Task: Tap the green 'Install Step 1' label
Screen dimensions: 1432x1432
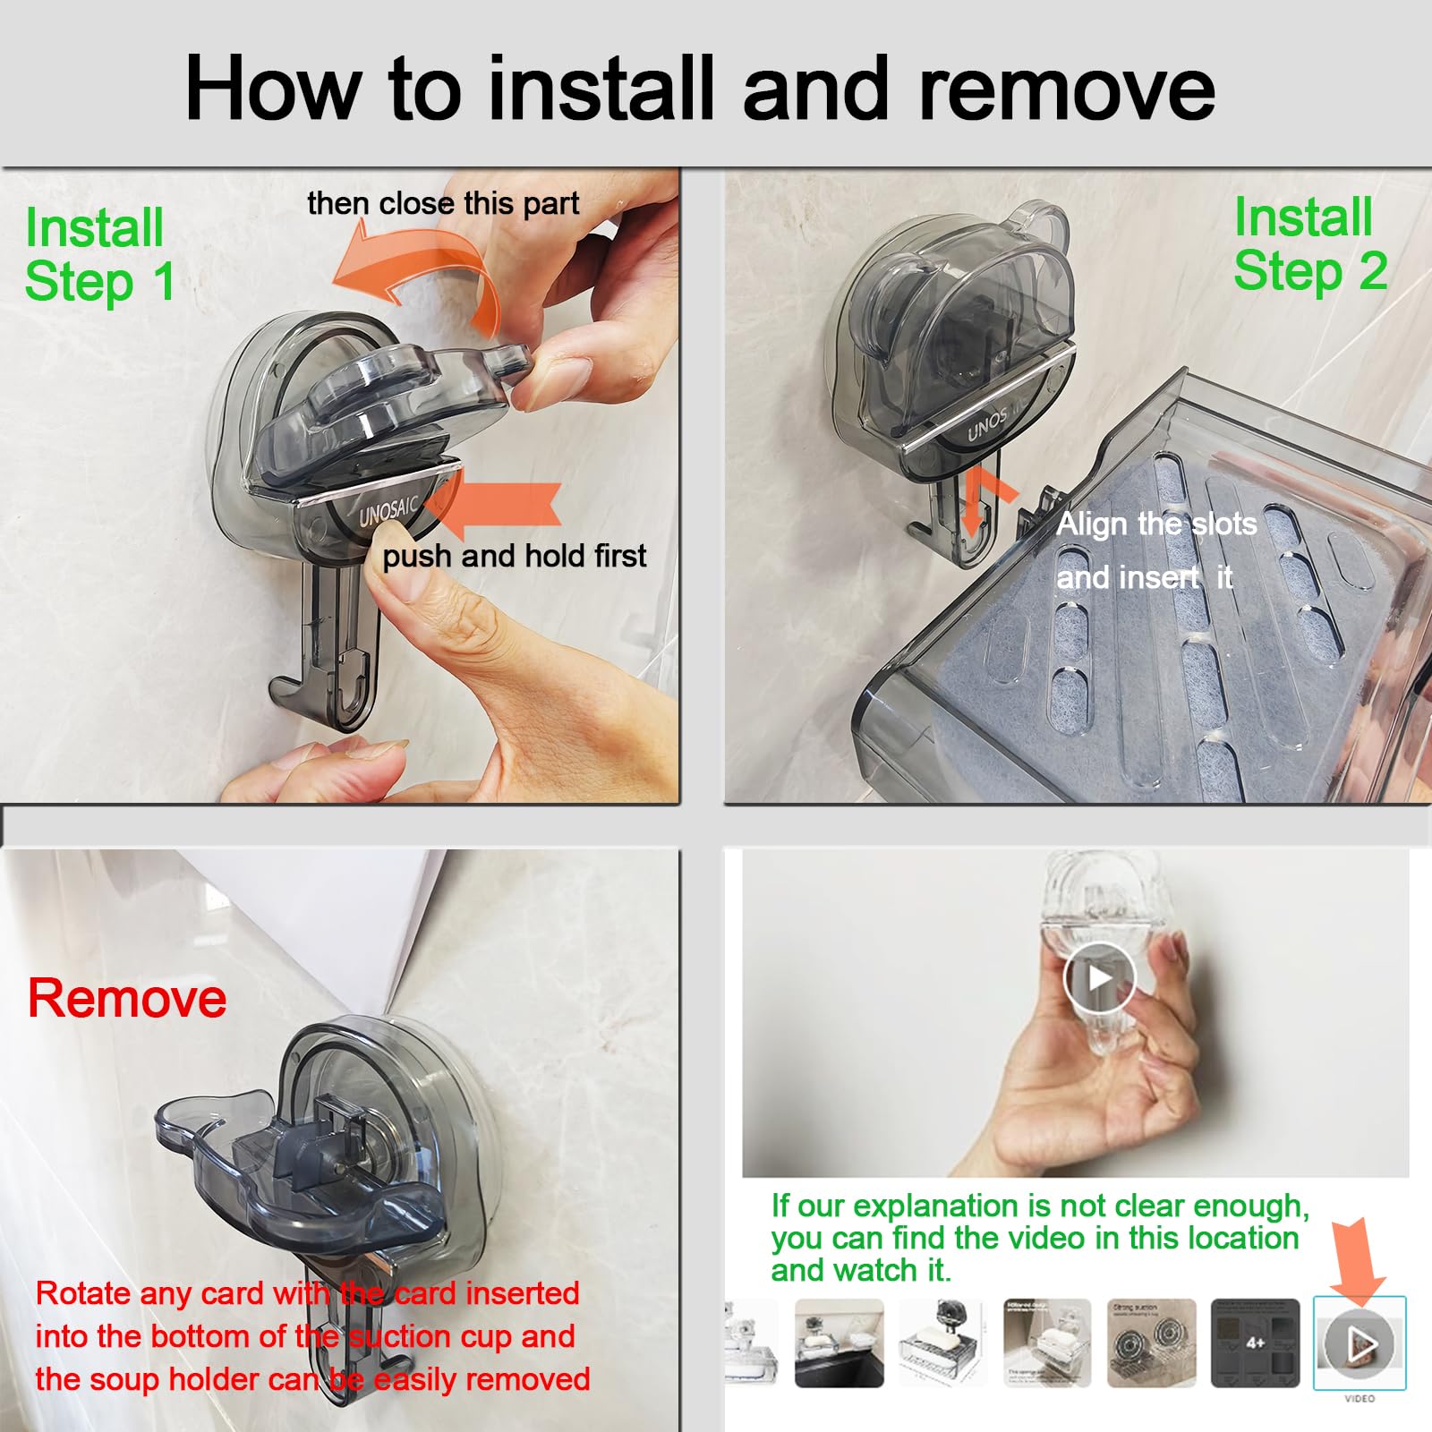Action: [98, 254]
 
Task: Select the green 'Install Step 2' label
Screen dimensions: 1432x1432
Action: [1308, 243]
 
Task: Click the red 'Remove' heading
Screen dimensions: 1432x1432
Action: [127, 998]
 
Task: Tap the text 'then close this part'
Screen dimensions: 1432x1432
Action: [443, 203]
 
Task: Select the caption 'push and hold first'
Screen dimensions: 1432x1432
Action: [514, 556]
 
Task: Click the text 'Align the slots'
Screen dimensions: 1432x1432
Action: [1156, 524]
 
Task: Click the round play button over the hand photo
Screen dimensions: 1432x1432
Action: [1099, 977]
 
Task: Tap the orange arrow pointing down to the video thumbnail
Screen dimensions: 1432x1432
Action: [1357, 1257]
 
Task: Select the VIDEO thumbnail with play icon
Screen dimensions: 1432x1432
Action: [1359, 1342]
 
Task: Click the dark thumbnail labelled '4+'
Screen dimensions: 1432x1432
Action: [1255, 1342]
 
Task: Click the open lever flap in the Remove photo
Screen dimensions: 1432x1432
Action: [295, 1163]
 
